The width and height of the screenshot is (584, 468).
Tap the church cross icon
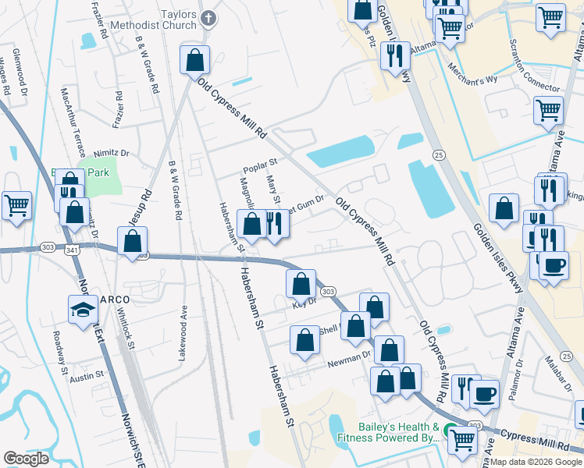point(208,17)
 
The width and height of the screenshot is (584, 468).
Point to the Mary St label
point(273,188)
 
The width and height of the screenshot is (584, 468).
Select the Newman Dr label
point(348,358)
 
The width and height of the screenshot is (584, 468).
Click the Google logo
point(27,459)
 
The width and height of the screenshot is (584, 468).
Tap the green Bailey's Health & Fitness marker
point(450,430)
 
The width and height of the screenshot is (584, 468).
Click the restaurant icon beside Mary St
point(274,223)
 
